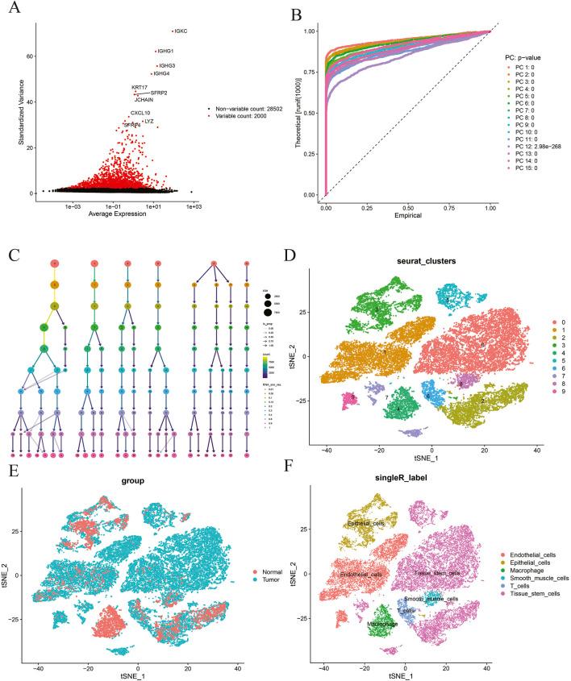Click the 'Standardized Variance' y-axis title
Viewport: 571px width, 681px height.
(x=17, y=105)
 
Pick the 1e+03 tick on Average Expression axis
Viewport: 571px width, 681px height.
(x=194, y=208)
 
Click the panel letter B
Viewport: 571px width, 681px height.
(x=295, y=13)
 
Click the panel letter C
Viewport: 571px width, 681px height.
(x=13, y=255)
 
